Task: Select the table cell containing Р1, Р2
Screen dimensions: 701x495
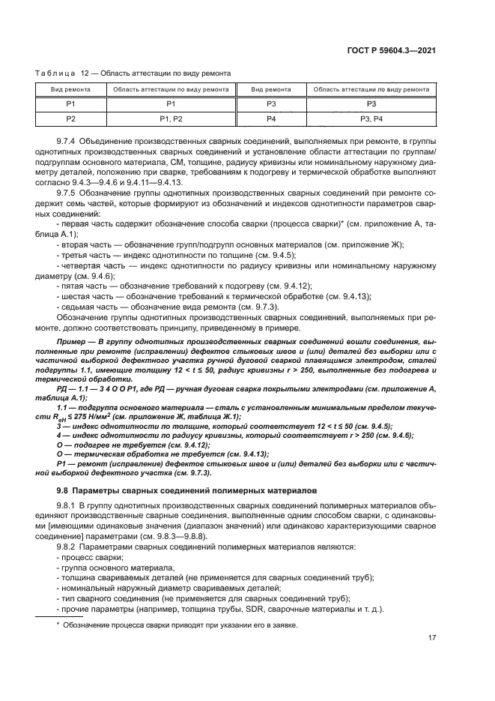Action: click(170, 119)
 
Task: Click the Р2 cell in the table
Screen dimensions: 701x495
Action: click(70, 119)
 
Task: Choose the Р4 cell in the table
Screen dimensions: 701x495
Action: click(271, 119)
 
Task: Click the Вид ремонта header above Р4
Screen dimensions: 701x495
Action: click(271, 89)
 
